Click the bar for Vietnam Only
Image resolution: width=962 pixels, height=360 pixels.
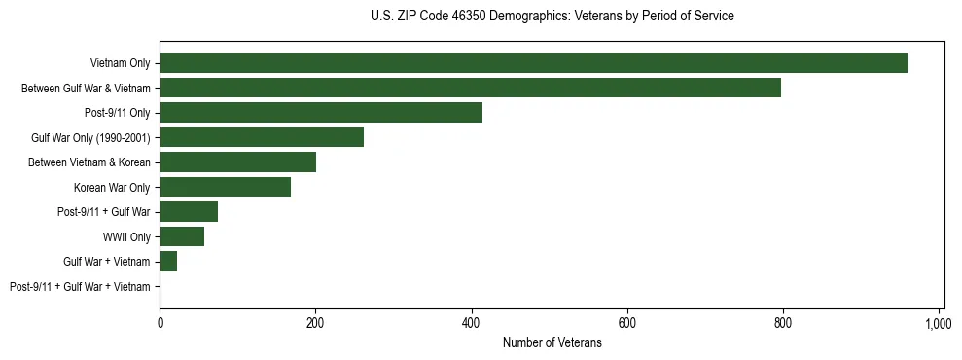(x=533, y=63)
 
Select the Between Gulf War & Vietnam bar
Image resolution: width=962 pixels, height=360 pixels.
(x=470, y=88)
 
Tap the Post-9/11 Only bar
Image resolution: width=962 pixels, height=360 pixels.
(x=321, y=113)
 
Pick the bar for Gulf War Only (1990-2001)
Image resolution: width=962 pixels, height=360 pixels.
(x=262, y=137)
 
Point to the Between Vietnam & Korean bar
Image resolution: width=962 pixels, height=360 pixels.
(x=237, y=162)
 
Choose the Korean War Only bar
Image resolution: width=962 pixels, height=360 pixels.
(x=225, y=187)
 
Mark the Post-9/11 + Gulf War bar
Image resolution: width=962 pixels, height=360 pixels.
(x=189, y=212)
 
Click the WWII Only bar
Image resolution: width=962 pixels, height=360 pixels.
(x=182, y=236)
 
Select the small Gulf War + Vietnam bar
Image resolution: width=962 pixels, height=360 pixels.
(x=168, y=262)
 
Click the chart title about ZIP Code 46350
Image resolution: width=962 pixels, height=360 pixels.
(x=552, y=17)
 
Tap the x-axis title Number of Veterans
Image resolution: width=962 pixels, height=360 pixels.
(x=552, y=343)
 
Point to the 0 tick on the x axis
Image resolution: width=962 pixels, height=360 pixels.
(x=160, y=322)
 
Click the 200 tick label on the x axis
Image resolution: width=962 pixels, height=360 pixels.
(x=315, y=322)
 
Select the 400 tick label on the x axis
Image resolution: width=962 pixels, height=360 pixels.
(x=471, y=322)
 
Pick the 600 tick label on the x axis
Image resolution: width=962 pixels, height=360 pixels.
(x=626, y=322)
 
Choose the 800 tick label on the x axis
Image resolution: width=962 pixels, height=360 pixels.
(x=782, y=322)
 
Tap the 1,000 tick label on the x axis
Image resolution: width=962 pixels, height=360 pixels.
(x=938, y=322)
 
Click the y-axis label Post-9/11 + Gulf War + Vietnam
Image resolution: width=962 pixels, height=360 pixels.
(x=80, y=287)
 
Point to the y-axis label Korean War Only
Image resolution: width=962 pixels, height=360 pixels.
(x=112, y=188)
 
